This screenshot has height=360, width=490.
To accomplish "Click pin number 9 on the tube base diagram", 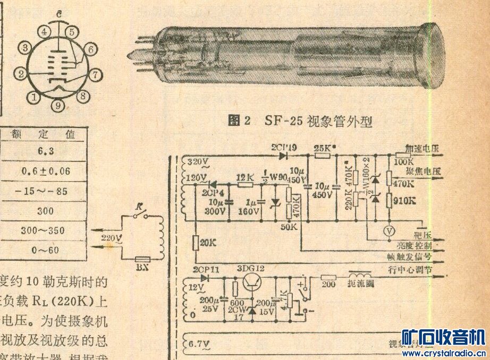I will coord(58,106).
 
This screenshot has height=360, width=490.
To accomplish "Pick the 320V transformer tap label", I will coord(198,160).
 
